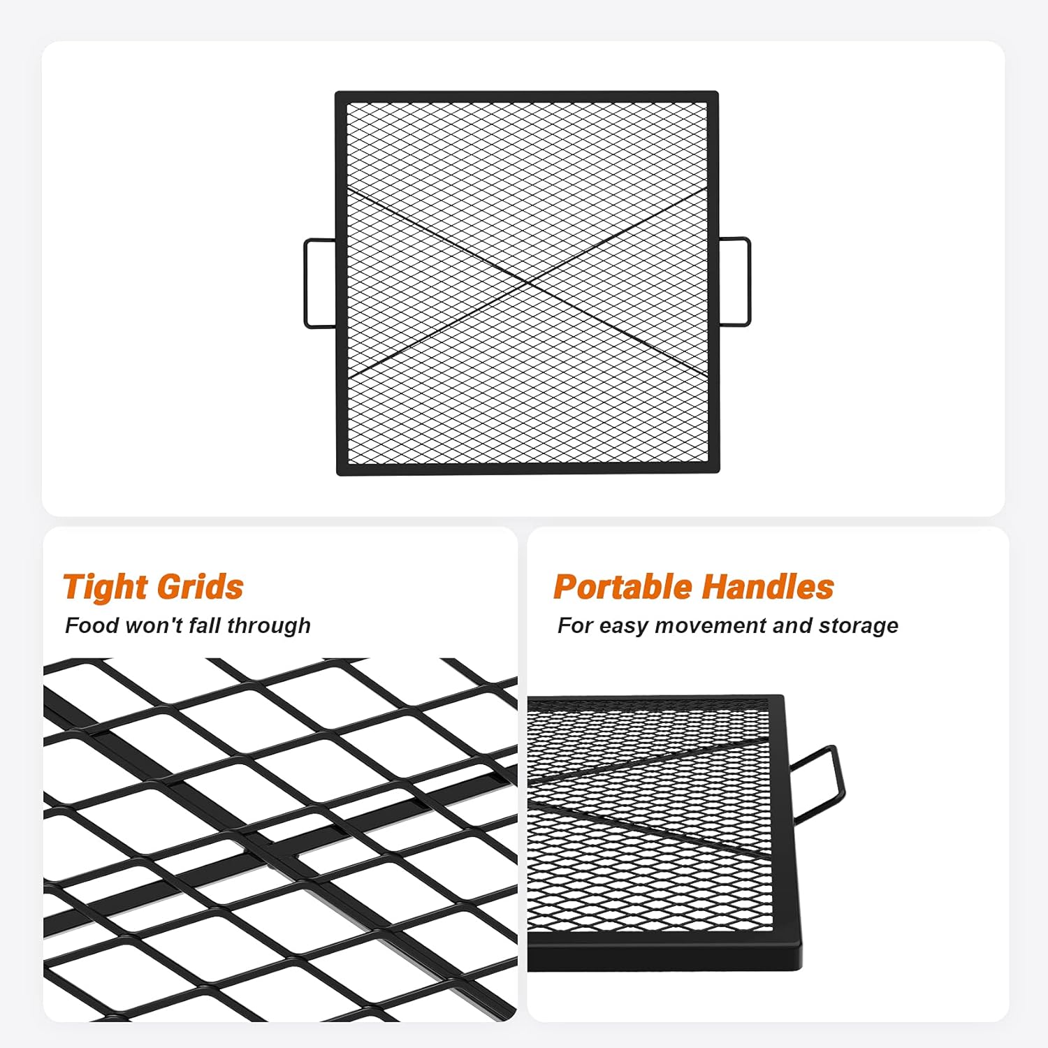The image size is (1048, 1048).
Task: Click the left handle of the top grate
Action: (305, 283)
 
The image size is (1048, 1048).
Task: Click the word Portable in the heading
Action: (623, 586)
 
